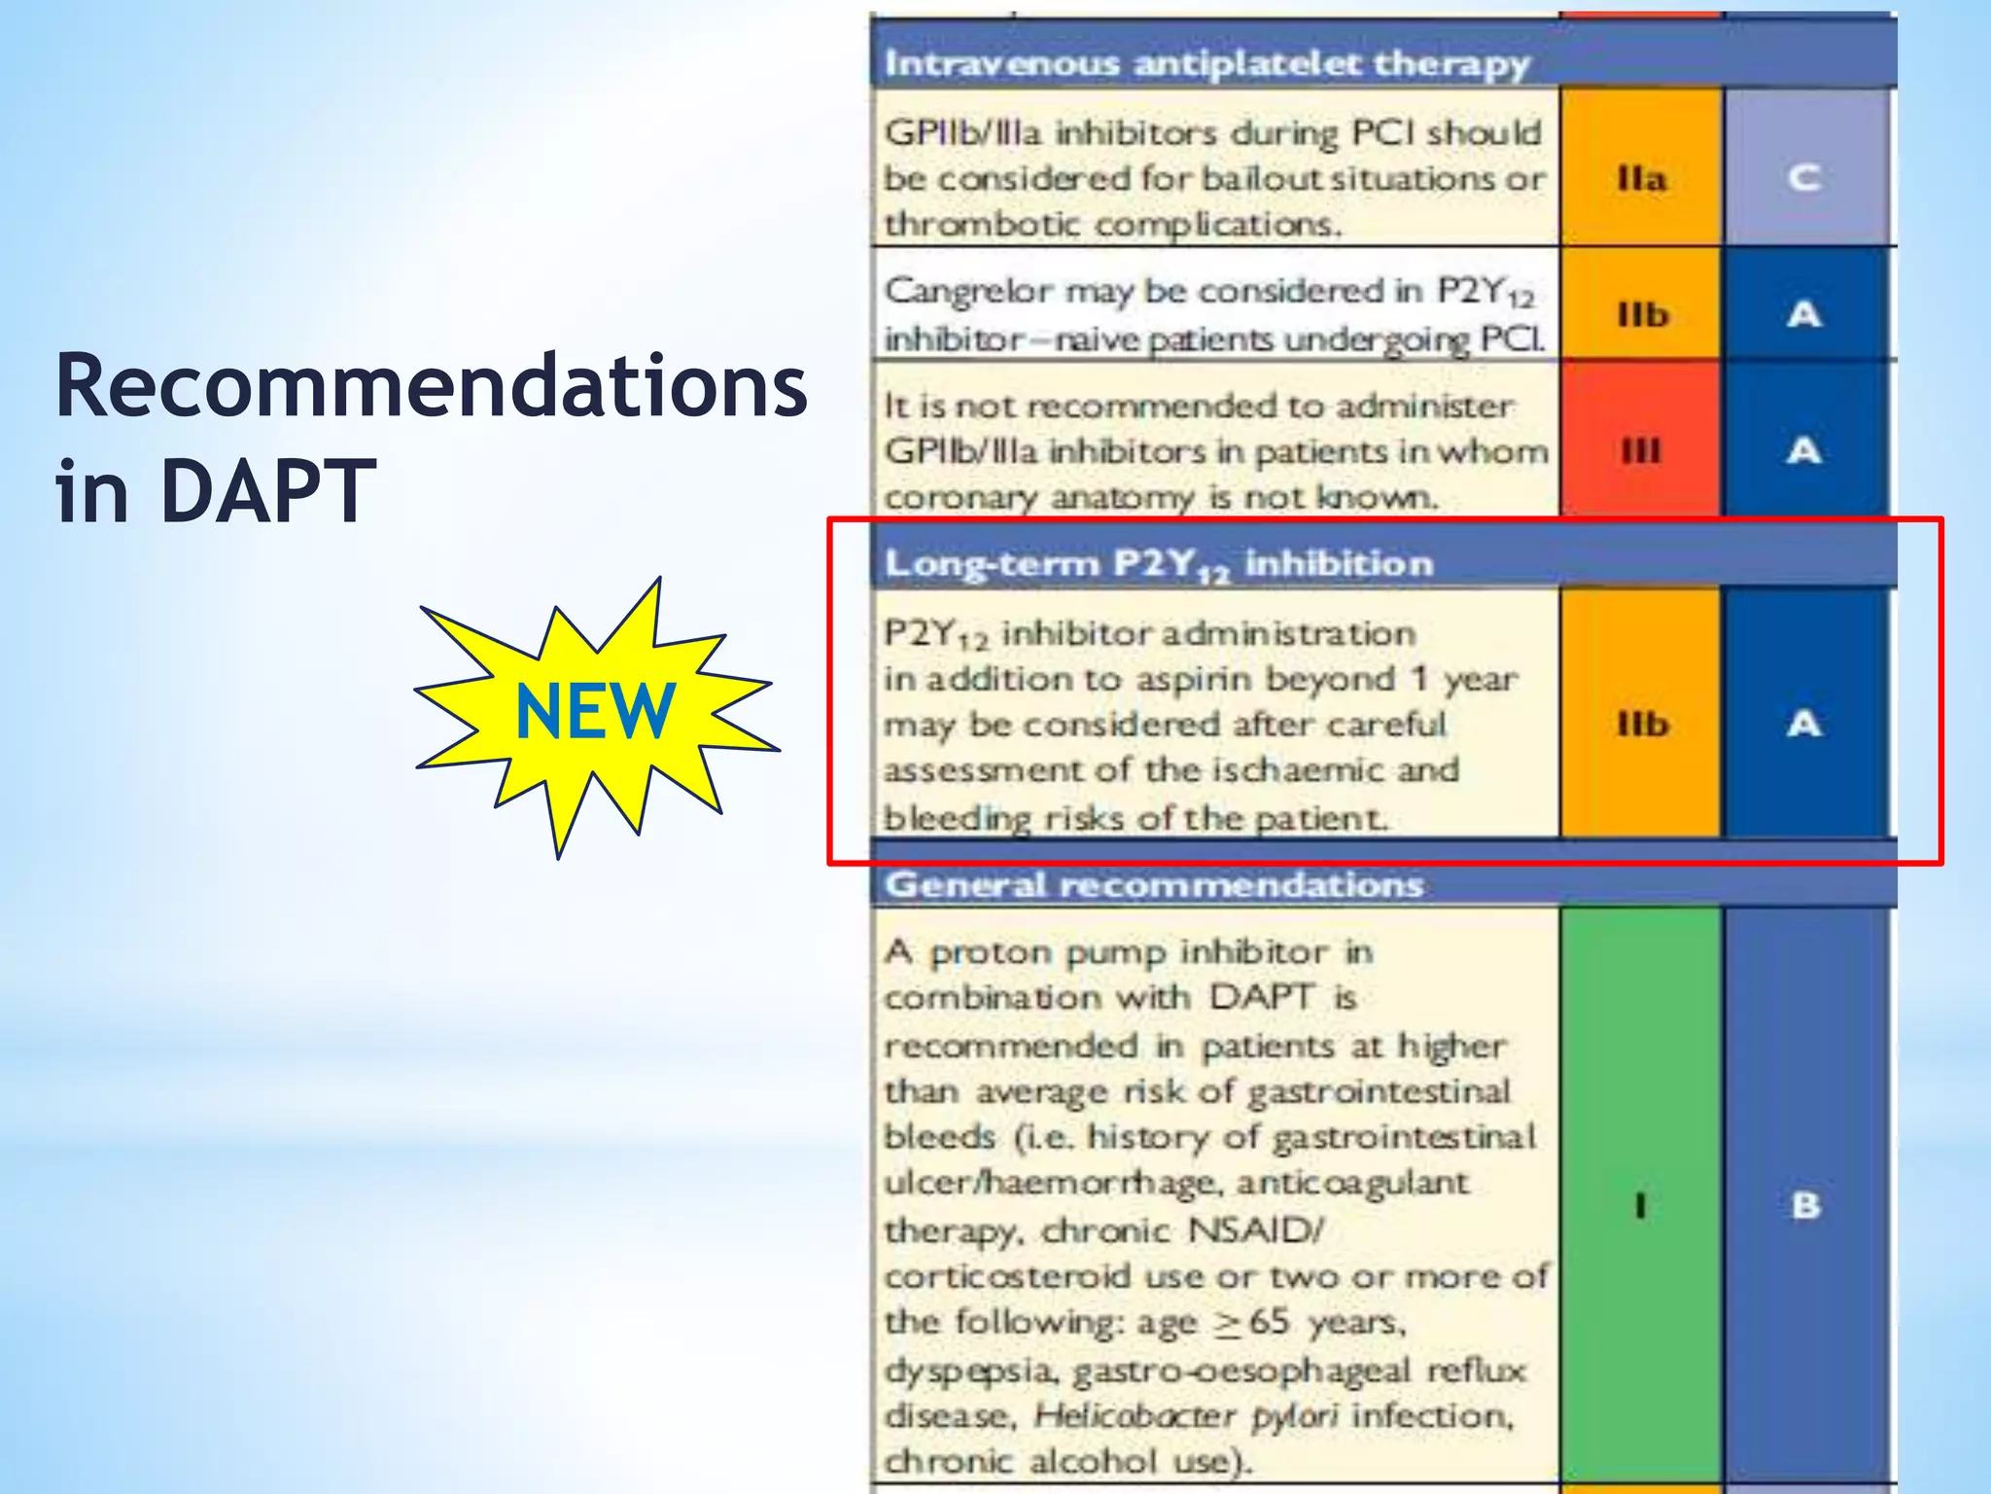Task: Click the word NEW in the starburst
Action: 594,712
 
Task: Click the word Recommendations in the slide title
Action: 432,387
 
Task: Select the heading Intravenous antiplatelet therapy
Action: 1206,64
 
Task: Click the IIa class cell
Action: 1641,178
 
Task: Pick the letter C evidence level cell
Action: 1804,178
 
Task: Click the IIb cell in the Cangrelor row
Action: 1642,315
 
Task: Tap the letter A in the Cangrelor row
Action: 1804,315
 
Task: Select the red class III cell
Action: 1641,451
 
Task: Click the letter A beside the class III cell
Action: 1804,451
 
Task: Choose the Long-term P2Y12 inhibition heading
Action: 1158,564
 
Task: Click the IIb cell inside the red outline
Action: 1642,724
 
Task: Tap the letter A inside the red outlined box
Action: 1804,724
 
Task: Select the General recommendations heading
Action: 1154,885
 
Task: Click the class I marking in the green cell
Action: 1641,1206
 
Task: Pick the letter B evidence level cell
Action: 1805,1206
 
